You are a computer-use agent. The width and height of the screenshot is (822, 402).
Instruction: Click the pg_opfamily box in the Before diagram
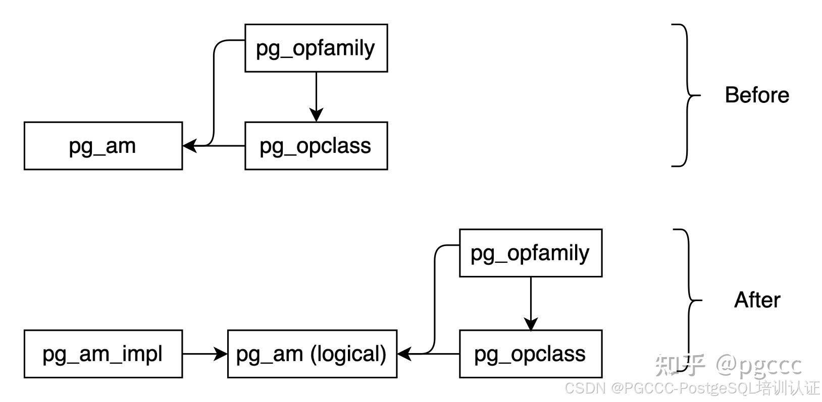(x=316, y=48)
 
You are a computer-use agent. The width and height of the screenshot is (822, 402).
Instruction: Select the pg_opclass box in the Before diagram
(x=316, y=146)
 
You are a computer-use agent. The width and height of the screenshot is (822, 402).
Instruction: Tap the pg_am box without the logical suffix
(x=103, y=146)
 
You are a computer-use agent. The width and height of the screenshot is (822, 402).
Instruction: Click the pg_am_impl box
(x=103, y=354)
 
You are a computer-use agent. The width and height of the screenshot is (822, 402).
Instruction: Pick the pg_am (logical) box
(x=312, y=354)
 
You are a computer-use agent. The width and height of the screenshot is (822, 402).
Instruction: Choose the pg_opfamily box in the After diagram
(x=530, y=253)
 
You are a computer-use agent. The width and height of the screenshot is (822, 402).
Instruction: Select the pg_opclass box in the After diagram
(x=530, y=354)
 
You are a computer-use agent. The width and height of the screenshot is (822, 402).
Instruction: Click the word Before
(x=756, y=95)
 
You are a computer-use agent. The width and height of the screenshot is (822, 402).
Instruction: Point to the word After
(x=756, y=300)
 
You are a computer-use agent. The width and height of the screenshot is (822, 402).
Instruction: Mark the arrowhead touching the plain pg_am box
(x=189, y=146)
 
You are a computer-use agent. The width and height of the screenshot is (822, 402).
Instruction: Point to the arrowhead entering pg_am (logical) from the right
(x=404, y=354)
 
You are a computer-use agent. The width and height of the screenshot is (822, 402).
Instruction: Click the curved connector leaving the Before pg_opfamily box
(x=214, y=91)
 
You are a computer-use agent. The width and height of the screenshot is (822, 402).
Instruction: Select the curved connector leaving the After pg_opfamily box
(x=435, y=298)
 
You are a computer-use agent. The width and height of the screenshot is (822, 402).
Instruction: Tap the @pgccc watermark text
(x=758, y=365)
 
